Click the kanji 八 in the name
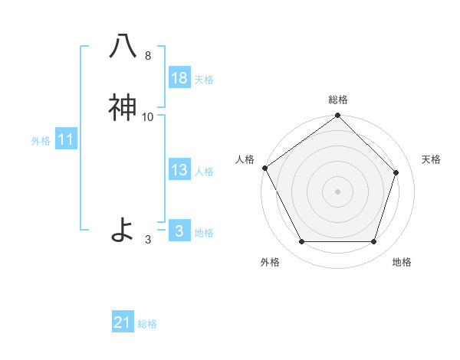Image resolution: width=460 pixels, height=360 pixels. point(123,46)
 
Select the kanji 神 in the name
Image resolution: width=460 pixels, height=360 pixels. point(123,108)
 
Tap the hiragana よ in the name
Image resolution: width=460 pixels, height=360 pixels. point(123,229)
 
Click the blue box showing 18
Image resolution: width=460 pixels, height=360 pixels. point(179,78)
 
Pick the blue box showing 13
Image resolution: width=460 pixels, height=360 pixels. point(179,170)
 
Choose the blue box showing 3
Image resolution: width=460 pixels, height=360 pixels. point(179,231)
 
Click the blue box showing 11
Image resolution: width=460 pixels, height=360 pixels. point(66,139)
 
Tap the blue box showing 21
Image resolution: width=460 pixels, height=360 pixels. point(123,322)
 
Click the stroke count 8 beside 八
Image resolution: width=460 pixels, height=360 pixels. point(147,56)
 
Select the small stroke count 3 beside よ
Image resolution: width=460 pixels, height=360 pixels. point(147,240)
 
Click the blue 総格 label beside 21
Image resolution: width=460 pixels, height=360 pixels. point(147,324)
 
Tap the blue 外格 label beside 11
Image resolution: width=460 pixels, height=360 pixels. point(41,141)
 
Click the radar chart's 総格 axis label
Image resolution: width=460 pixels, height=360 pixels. point(338,100)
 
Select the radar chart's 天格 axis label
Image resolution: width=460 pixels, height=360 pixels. point(432,159)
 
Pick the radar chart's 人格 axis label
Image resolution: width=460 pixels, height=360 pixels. point(245,159)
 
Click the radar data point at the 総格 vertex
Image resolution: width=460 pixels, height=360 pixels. point(338,116)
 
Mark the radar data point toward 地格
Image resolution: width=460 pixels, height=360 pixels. point(374,242)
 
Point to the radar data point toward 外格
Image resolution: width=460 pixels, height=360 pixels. point(301,242)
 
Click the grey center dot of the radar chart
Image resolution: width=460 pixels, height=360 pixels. point(338,191)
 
